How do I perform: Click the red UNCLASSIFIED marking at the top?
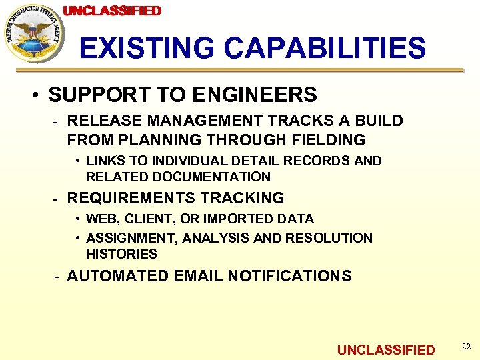(x=112, y=11)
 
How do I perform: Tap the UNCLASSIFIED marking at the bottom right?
(x=385, y=350)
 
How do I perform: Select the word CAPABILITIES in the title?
(x=325, y=48)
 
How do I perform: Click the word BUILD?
(x=379, y=121)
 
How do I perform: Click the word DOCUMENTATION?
(x=211, y=177)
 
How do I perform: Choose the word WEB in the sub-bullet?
(x=100, y=219)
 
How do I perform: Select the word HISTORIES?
(x=121, y=254)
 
